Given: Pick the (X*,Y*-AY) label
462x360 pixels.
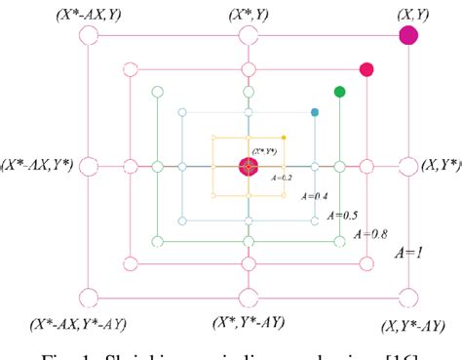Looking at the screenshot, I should coord(249,322).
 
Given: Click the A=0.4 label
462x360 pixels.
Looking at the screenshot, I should coord(319,195).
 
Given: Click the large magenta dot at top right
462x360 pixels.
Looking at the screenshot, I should coord(409,36).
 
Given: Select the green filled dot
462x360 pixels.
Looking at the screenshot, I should coord(339,92).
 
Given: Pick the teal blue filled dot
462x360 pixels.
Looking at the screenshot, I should coord(315,113).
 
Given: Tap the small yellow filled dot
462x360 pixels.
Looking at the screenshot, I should coord(284,138).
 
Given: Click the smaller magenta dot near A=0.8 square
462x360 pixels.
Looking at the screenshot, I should coord(366,69).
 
